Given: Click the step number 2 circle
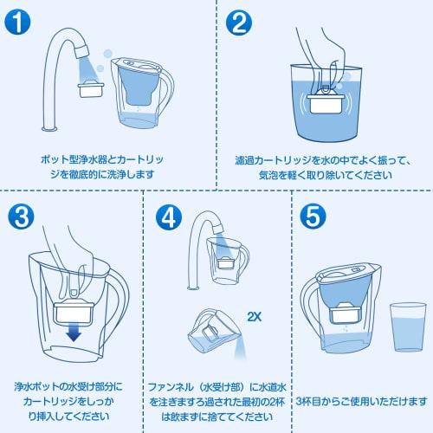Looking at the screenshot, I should (x=237, y=23).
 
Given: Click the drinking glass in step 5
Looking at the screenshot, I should (x=404, y=326).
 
